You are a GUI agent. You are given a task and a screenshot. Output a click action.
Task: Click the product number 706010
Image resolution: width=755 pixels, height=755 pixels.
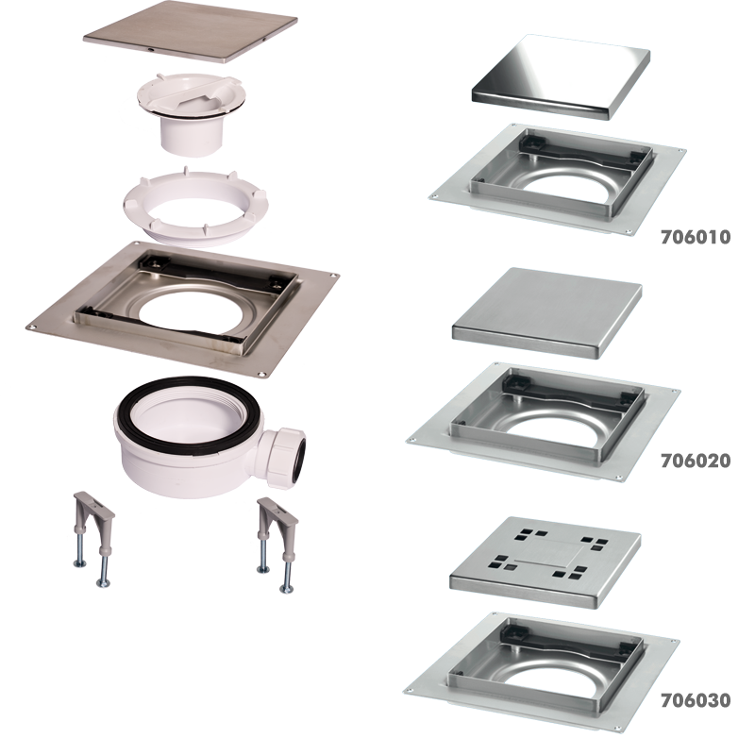696,237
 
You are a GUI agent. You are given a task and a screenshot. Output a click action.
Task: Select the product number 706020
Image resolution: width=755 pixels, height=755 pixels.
696,461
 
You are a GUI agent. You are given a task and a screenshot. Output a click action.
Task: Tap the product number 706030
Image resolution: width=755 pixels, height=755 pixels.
696,700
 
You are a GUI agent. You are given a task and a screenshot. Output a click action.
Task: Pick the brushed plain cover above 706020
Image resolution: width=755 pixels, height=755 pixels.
547,312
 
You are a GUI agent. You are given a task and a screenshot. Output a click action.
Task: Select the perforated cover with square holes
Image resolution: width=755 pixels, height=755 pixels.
545,562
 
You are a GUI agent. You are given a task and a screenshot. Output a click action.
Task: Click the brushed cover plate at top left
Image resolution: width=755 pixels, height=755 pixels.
190,32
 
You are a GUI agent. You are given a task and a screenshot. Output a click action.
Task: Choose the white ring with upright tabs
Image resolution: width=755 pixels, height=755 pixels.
194,206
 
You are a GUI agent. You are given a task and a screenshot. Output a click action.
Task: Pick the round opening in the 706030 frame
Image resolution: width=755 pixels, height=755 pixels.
552,678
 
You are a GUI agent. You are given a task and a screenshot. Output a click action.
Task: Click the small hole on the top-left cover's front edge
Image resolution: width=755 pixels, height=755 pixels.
151,50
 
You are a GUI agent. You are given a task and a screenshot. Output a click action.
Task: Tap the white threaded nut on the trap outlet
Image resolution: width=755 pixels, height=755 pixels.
278,456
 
